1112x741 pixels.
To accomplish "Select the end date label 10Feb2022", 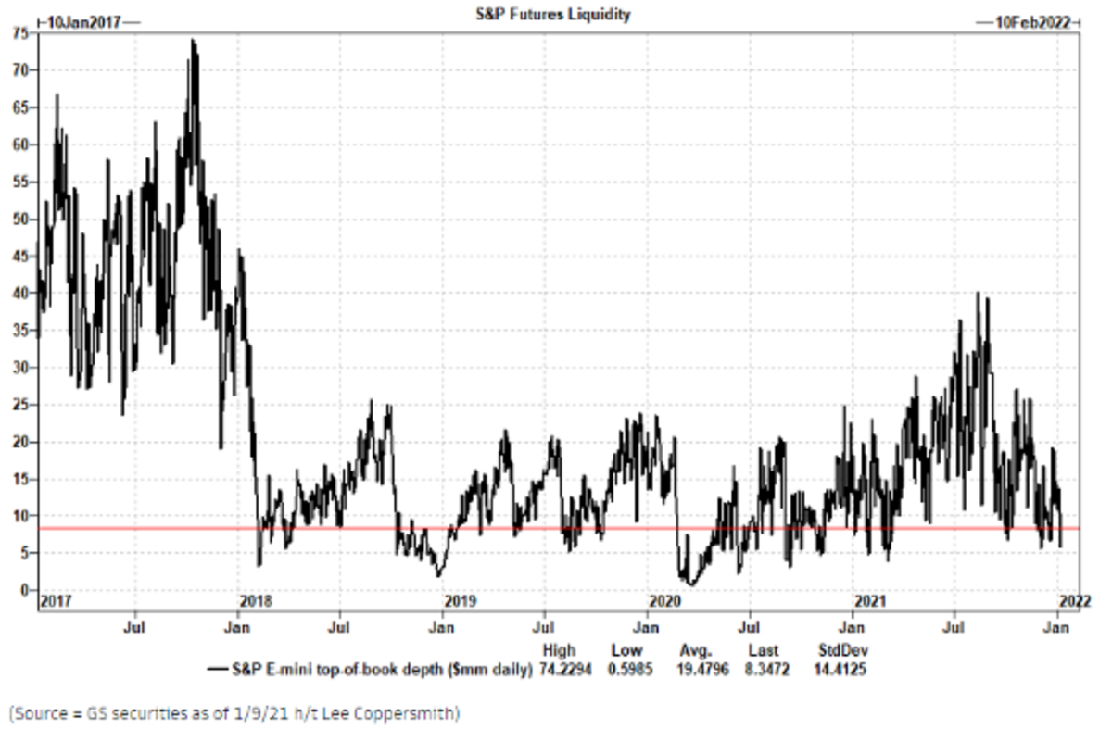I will [1028, 22].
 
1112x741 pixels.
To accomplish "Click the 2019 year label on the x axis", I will [461, 602].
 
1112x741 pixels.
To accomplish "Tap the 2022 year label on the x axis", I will [1074, 602].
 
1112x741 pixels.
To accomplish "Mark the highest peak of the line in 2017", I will [192, 40].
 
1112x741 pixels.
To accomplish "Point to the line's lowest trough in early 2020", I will [689, 584].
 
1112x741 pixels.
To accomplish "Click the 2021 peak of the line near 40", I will [978, 293].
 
